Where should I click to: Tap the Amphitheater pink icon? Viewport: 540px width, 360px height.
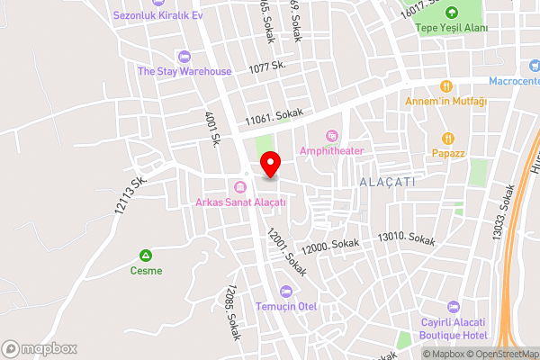(x=332, y=136)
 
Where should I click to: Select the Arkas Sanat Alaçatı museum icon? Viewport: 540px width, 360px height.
(x=239, y=187)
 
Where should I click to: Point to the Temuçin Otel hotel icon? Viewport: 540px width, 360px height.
(x=286, y=291)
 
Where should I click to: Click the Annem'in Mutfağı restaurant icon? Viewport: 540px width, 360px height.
(x=445, y=86)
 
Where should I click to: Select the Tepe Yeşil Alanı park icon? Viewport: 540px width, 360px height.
(x=451, y=13)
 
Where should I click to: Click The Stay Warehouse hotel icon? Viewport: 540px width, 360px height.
(x=184, y=57)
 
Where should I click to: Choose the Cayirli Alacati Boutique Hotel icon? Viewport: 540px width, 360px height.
(x=453, y=307)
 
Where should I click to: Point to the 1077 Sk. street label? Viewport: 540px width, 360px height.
(x=267, y=67)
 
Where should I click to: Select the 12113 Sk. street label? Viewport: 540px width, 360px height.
(x=130, y=194)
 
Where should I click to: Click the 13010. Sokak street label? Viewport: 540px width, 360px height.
(x=407, y=238)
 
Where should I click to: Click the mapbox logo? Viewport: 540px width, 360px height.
(x=40, y=348)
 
